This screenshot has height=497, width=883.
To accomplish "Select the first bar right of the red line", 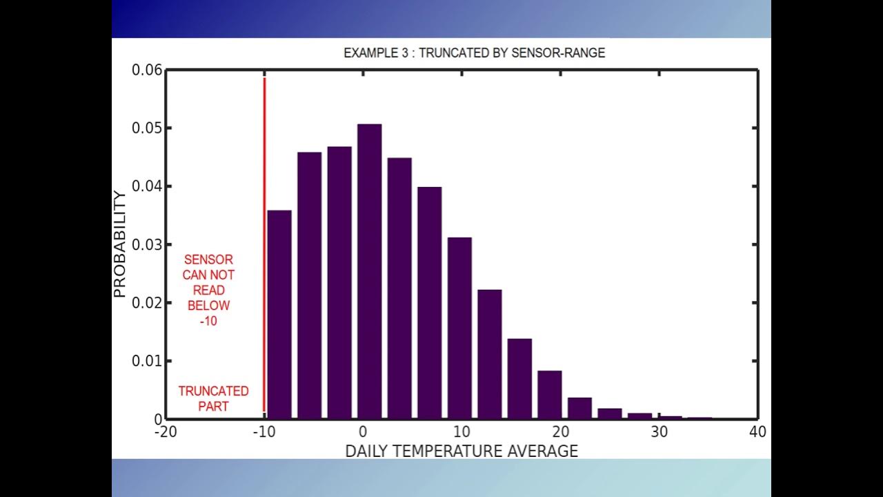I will tap(279, 314).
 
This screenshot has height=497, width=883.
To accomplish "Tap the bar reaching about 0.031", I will tap(459, 328).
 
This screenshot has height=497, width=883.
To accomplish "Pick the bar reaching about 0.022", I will tap(490, 353).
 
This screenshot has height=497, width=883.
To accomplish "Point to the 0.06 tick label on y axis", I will tap(146, 70).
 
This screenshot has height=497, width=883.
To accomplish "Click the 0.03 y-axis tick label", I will tap(146, 244).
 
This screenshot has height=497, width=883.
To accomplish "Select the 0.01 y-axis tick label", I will tap(146, 361).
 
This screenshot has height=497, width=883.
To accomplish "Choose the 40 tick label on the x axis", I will tap(757, 433).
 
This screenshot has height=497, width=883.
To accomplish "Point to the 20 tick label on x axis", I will tap(560, 433).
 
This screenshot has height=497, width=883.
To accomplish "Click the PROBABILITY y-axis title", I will tap(120, 244).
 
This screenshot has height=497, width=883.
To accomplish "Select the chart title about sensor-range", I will tap(474, 53).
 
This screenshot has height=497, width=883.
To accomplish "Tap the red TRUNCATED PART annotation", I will tap(213, 398).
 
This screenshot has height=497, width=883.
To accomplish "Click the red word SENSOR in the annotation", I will tap(208, 260).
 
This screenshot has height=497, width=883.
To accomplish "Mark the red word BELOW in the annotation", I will tap(208, 306).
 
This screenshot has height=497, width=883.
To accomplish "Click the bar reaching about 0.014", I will tap(519, 378).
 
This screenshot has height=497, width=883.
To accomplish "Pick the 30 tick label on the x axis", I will tap(659, 433).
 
